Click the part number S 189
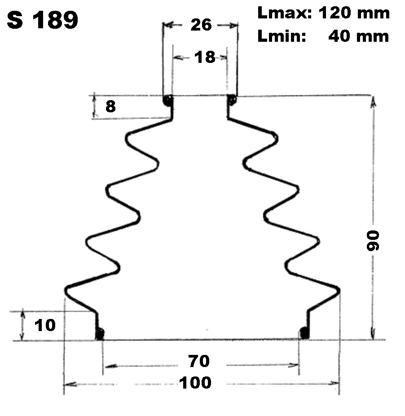pos(42,20)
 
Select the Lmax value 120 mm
pos(354,13)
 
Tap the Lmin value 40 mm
pos(358,35)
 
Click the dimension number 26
pos(201,25)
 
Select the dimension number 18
pos(205,58)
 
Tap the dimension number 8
pos(110,107)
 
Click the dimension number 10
pos(45,325)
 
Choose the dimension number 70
pos(199,361)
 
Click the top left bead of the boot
pos(168,100)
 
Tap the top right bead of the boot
pos(232,100)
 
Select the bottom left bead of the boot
pos(100,333)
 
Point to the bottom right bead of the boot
pos(305,333)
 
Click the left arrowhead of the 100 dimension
pos(67,384)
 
